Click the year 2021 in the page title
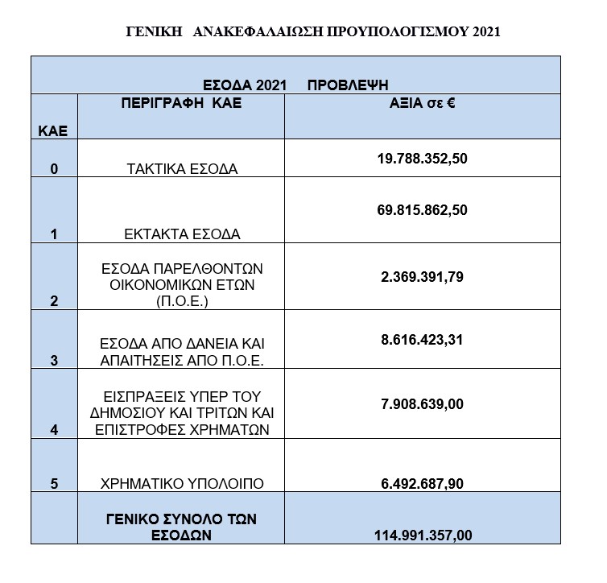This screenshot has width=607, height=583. tap(482, 32)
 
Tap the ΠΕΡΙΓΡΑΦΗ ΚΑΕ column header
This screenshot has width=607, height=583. tap(181, 104)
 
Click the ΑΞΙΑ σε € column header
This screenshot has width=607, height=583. tap(423, 104)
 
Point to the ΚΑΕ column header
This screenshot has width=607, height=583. tap(53, 129)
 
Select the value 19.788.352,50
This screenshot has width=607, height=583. tap(423, 159)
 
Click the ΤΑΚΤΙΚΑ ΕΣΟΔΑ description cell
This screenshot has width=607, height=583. tap(181, 169)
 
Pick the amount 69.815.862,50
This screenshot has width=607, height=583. tap(423, 210)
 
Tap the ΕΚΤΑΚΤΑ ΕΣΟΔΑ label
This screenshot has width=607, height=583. tap(181, 234)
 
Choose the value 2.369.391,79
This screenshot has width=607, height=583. tap(423, 277)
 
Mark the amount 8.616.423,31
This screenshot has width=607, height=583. tap(423, 340)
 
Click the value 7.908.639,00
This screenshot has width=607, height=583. tap(423, 403)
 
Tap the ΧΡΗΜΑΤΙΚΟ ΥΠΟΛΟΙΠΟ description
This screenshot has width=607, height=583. tap(181, 484)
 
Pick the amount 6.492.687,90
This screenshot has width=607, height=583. tap(423, 484)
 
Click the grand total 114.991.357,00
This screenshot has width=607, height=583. tap(423, 535)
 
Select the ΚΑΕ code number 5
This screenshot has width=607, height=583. tap(53, 484)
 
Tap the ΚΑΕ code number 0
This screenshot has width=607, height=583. tap(53, 169)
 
